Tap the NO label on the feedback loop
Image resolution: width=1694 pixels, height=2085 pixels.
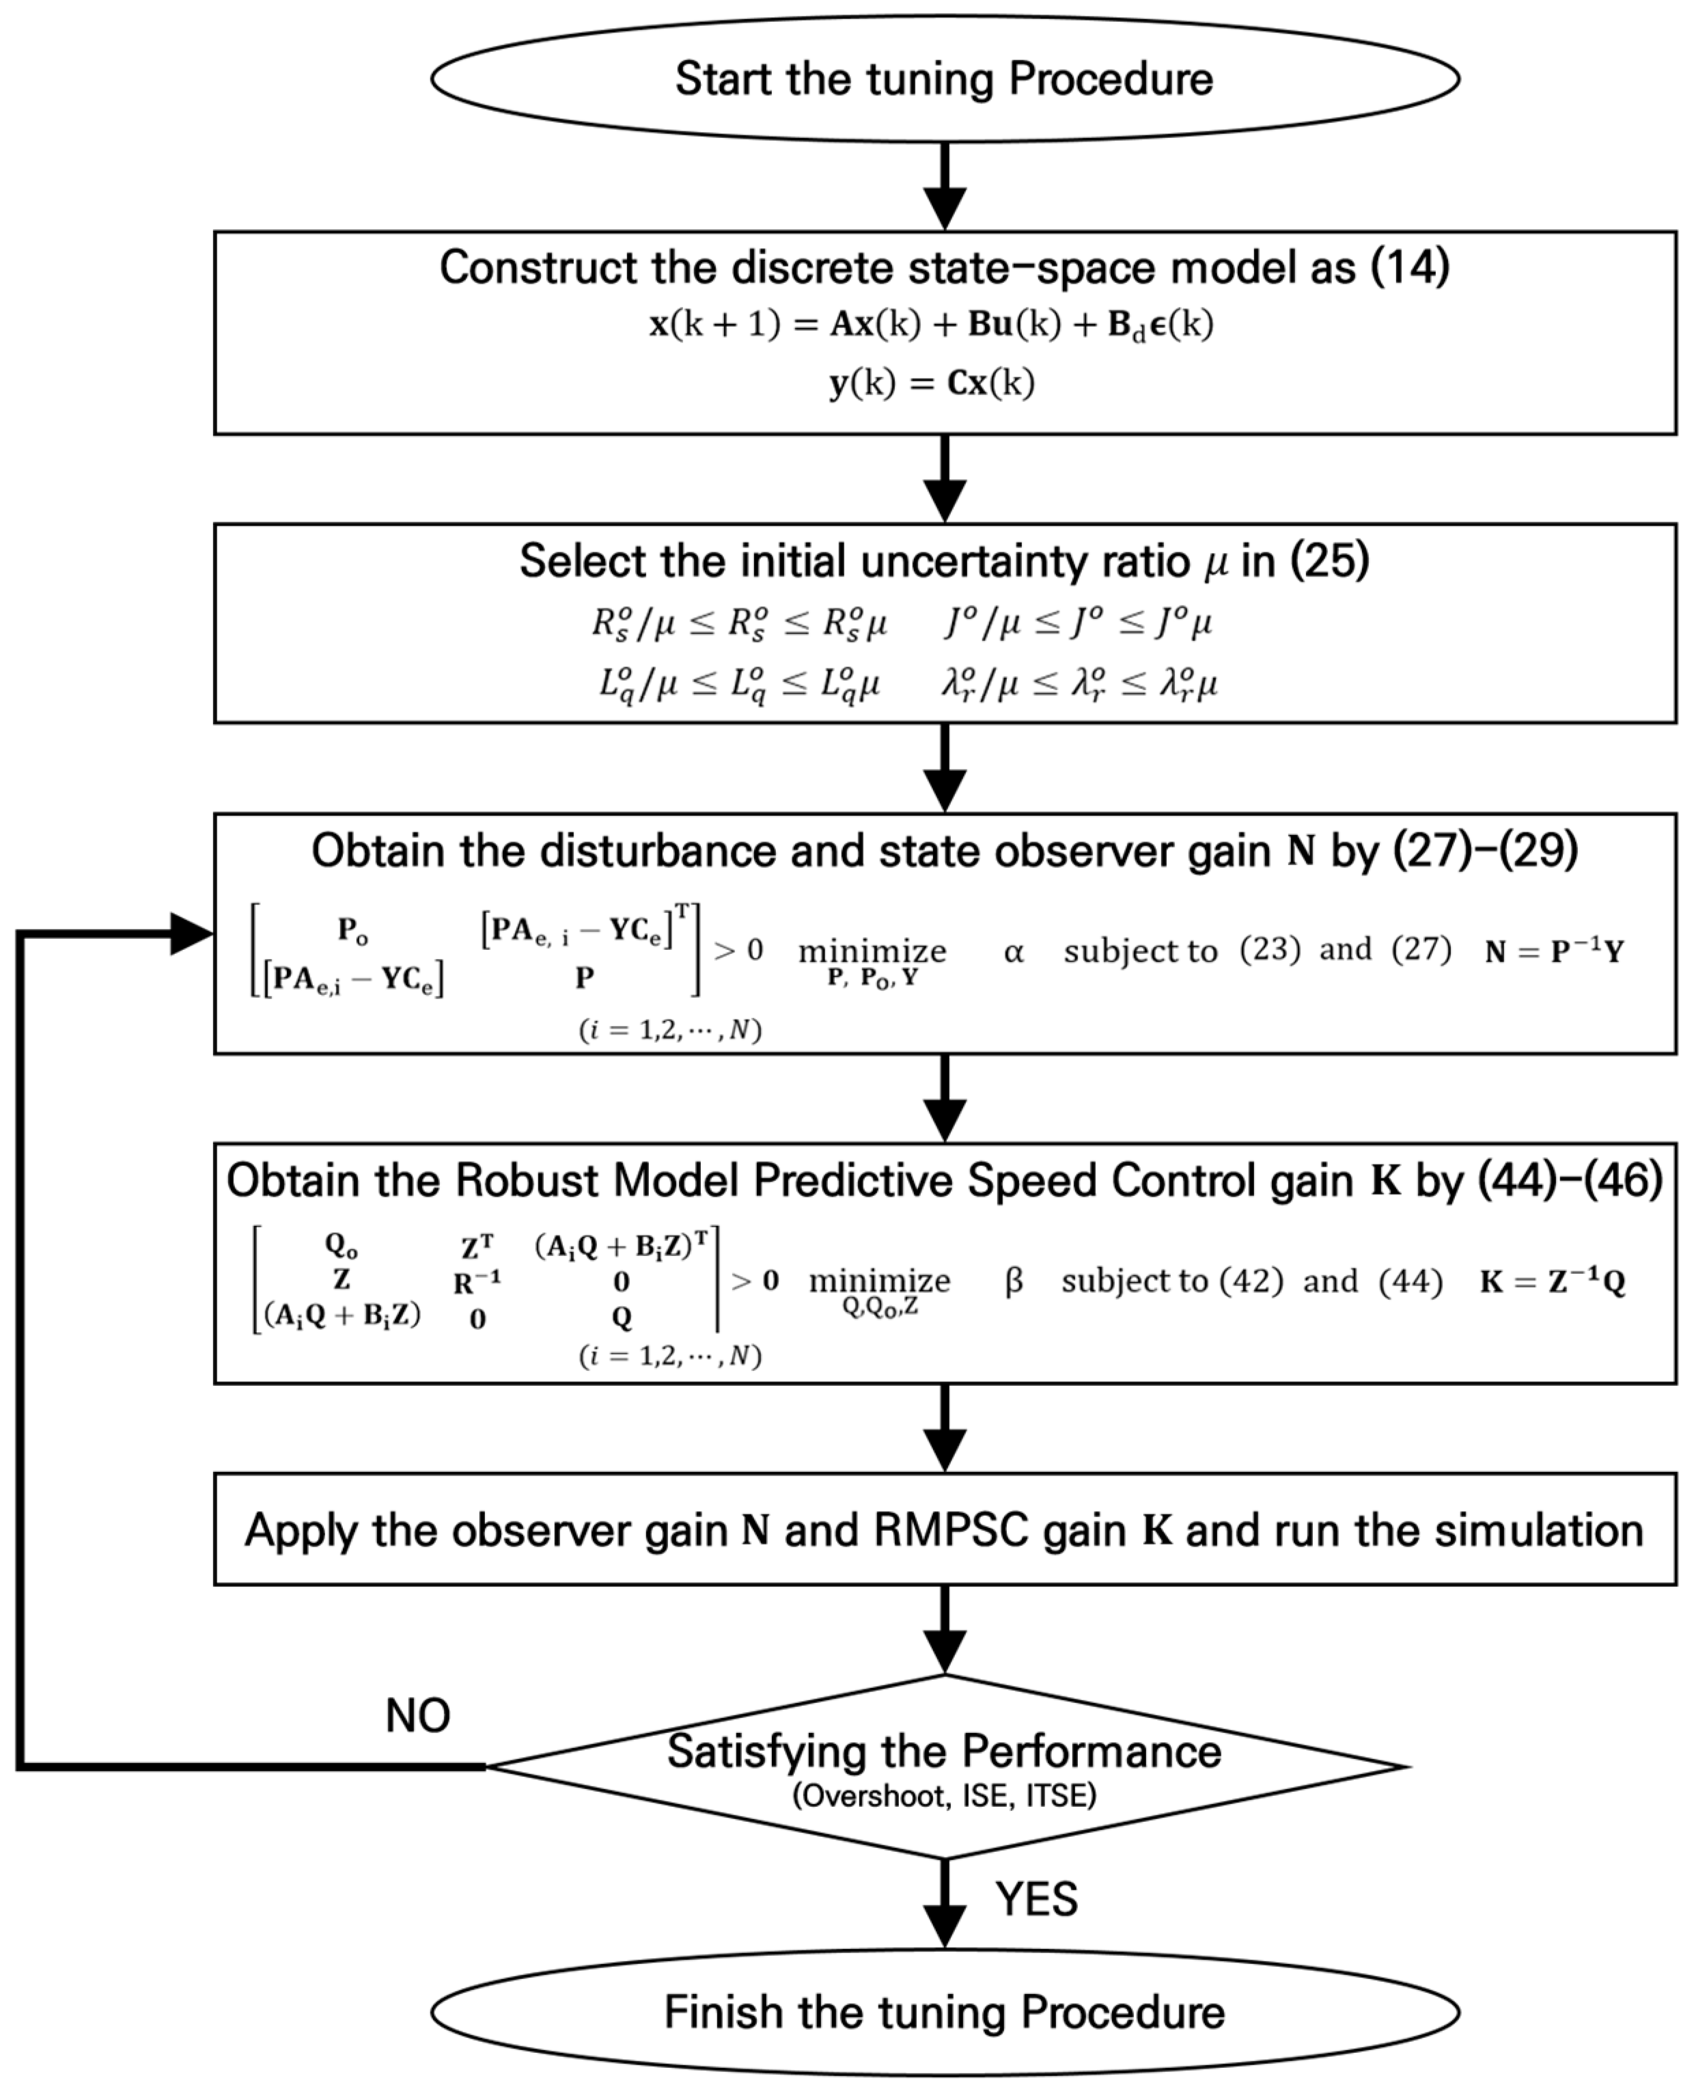(x=417, y=1715)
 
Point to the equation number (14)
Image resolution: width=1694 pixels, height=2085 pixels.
(x=1409, y=267)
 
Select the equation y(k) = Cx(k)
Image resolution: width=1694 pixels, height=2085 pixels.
(x=932, y=383)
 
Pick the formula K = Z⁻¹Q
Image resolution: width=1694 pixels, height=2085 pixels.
(x=1551, y=1281)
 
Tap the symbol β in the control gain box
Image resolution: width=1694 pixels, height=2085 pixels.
(x=1013, y=1281)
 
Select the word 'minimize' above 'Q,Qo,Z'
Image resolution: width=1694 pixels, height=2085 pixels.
(x=879, y=1280)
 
